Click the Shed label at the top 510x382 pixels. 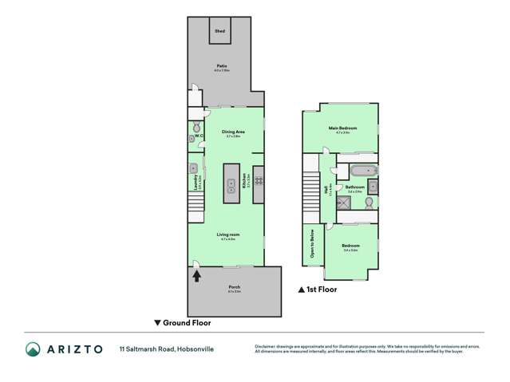(x=220, y=31)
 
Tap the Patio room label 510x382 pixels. (x=222, y=67)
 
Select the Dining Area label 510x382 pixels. (x=233, y=132)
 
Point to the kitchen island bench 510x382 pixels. (x=231, y=182)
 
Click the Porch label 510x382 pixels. (x=235, y=286)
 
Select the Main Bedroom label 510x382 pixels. (x=342, y=128)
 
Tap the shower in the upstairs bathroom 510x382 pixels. (x=346, y=204)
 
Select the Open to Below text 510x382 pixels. (x=310, y=246)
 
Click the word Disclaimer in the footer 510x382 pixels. (x=266, y=347)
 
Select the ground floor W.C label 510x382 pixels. (x=200, y=136)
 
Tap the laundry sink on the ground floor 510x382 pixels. (x=195, y=168)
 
